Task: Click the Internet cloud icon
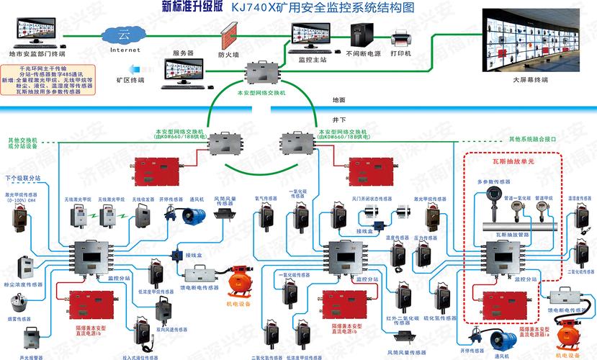click(x=125, y=35)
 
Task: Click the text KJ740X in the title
click(x=252, y=8)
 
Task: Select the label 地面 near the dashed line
click(x=338, y=99)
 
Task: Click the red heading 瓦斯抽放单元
click(x=511, y=162)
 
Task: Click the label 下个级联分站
click(x=24, y=177)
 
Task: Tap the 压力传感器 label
click(x=426, y=238)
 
